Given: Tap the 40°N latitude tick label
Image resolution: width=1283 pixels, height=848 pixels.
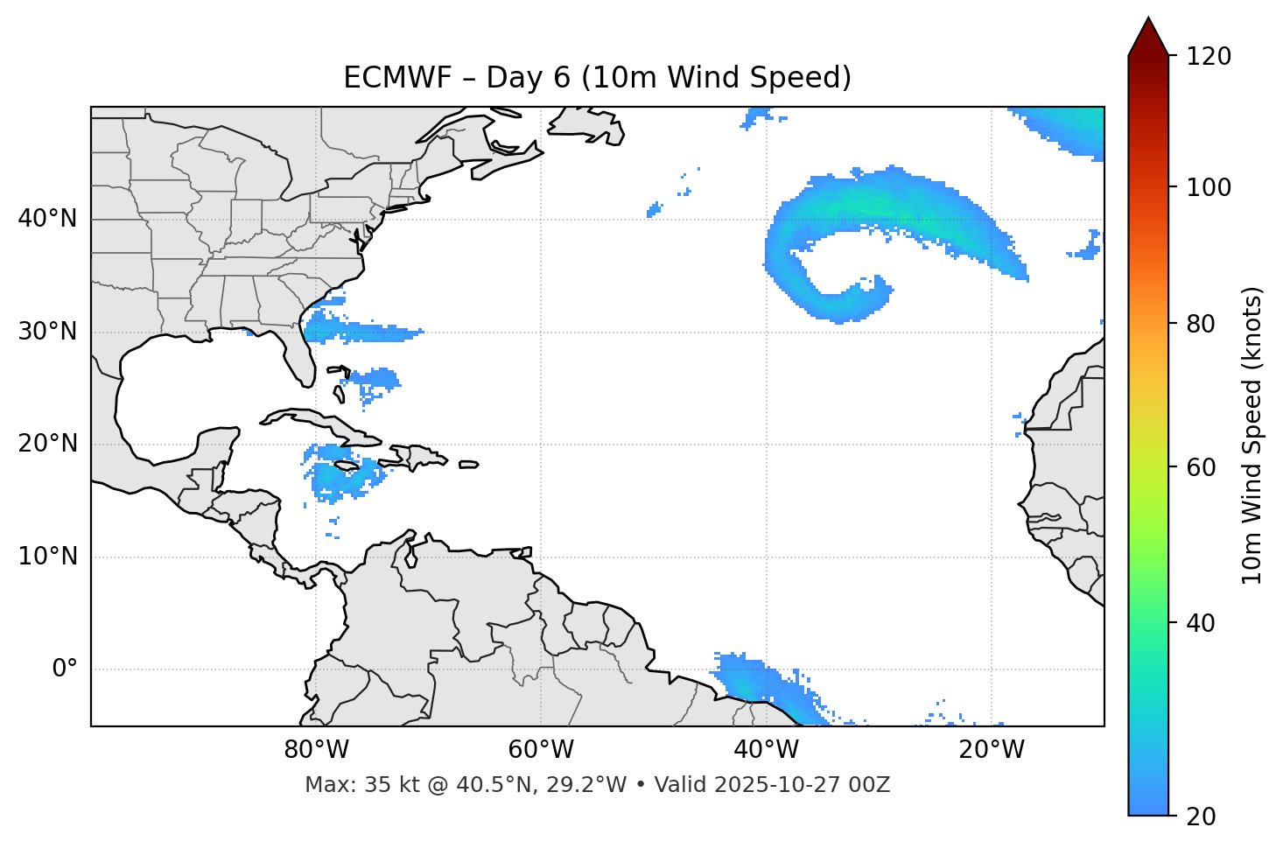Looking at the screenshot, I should click(x=47, y=219).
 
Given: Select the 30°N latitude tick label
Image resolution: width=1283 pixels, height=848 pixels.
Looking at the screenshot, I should click(x=47, y=332).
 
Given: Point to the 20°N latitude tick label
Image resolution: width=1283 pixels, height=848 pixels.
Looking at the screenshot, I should click(x=47, y=444).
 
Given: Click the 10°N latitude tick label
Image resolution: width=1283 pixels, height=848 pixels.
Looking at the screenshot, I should click(x=47, y=557).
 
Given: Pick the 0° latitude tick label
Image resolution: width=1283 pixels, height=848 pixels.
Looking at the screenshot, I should click(x=64, y=669).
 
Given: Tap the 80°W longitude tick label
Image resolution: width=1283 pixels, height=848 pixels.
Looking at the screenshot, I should click(x=316, y=750).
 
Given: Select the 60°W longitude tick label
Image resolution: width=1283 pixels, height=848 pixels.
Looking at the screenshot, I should click(x=540, y=750).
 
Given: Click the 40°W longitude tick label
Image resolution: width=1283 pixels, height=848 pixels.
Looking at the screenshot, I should click(x=766, y=750).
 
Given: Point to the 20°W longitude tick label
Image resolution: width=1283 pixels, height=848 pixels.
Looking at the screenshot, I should click(x=991, y=750).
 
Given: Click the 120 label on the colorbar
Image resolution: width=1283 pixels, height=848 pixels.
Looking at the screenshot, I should click(x=1209, y=57).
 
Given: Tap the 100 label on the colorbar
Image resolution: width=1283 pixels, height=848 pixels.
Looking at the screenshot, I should click(x=1209, y=187).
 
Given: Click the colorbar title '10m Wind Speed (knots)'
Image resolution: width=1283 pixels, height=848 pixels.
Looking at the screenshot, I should click(x=1252, y=435).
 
